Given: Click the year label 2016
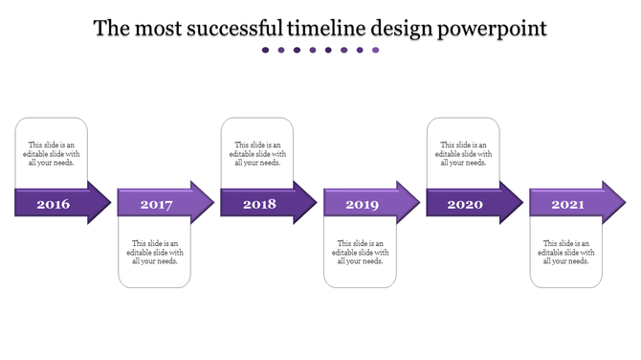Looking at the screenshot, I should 53,204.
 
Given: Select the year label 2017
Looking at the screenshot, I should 156,204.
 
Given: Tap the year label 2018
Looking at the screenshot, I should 259,204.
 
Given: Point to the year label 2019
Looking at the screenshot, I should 362,204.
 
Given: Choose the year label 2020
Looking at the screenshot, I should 465,204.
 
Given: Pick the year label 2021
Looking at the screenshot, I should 568,204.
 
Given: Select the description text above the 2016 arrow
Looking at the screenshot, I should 52,153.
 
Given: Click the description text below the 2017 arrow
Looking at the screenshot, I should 155,252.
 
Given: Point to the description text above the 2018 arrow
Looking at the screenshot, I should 257,153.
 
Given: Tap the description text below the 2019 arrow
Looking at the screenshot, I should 361,252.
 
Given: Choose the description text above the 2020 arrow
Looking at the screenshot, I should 463,153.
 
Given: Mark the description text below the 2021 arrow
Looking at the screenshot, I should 566,252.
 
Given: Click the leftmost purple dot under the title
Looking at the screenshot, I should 266,51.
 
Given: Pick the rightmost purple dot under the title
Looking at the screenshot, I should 376,51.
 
